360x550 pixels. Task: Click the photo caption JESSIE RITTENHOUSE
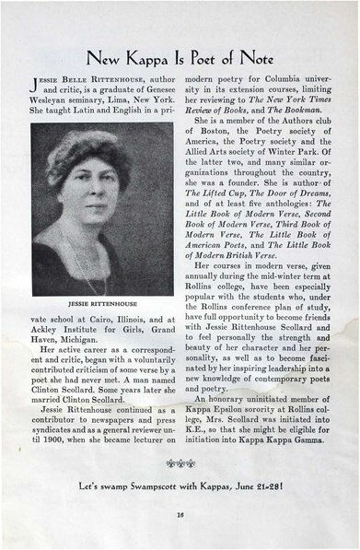click(x=101, y=302)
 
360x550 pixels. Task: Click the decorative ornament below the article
click(x=180, y=462)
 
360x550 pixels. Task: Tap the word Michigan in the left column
click(x=60, y=340)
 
